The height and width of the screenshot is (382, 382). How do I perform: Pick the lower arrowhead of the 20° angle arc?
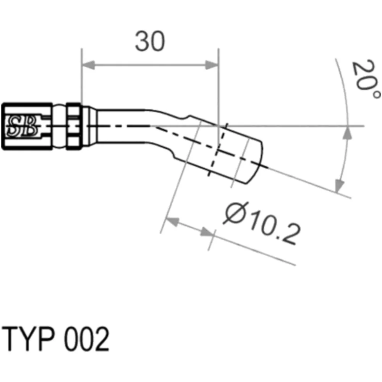[338, 187]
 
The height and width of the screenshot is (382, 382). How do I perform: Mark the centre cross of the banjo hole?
[217, 151]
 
